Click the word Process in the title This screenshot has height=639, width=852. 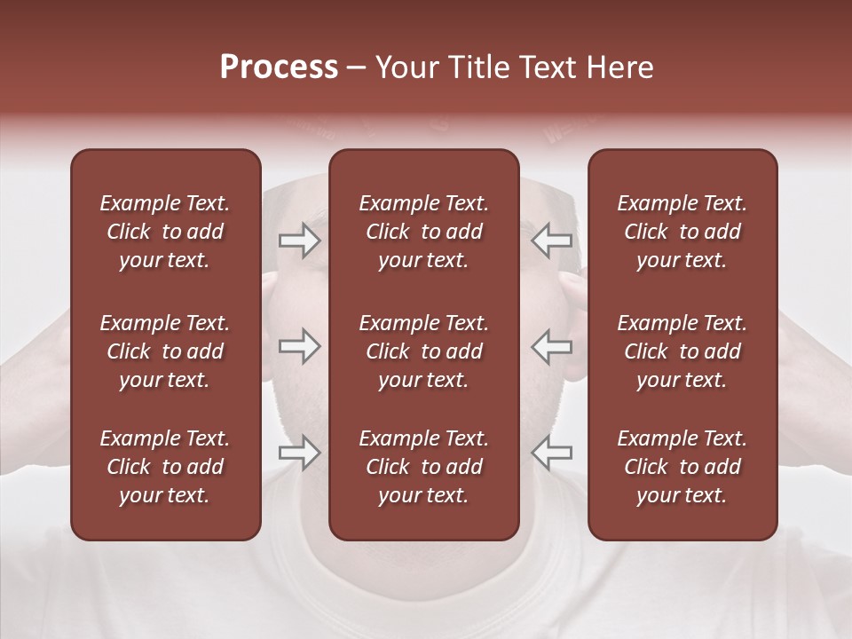coord(279,67)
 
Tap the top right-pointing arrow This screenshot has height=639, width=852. coord(299,240)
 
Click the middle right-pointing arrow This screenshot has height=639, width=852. coord(299,346)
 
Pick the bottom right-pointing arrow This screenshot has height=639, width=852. coord(299,453)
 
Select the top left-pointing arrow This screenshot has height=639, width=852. coord(552,240)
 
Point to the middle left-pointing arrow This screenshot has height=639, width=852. coord(552,346)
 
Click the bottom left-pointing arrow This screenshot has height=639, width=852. coord(552,453)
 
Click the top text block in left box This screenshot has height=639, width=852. coord(165,232)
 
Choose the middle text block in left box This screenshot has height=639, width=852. coord(165,351)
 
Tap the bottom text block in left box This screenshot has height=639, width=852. coord(165,467)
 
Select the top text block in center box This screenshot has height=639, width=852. coord(423,232)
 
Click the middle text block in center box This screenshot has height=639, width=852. coord(423,351)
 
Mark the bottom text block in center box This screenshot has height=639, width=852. coord(423,467)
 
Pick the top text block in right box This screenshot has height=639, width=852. coord(682,232)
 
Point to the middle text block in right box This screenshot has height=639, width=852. coord(682,351)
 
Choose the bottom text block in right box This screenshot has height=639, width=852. coord(682,467)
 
